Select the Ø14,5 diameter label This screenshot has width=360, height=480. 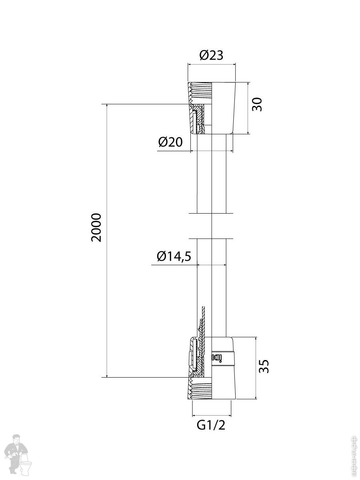coord(174,256)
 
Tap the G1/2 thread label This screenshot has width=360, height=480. coord(211,425)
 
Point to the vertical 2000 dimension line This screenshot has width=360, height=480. coord(107,280)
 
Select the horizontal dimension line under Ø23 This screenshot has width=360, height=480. coord(212,64)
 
